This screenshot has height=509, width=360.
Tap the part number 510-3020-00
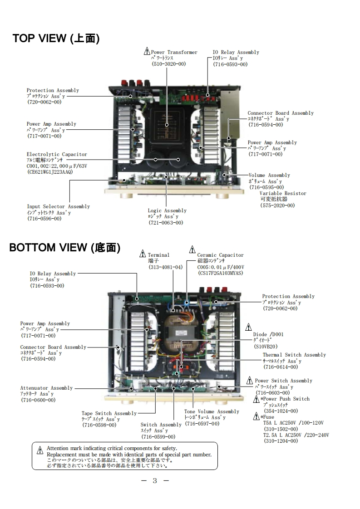coord(168,64)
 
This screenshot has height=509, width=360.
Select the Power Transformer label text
coord(174,52)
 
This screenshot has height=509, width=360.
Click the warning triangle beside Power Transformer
coord(147,52)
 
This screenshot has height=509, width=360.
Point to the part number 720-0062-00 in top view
coord(44,102)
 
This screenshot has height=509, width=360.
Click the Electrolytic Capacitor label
coord(57,155)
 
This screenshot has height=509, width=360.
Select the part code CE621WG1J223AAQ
coord(50,172)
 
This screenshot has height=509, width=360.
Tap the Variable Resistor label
coord(283,194)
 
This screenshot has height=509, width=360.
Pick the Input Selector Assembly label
coord(58,207)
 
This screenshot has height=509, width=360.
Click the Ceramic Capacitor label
coord(221,255)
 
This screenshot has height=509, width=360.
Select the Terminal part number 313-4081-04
coord(166,267)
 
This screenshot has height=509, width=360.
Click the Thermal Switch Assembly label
coord(294,355)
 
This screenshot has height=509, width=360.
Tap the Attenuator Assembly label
coord(46,388)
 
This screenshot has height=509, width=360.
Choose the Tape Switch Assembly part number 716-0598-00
coord(99,425)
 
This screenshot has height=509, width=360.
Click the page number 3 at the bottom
coord(155,481)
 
